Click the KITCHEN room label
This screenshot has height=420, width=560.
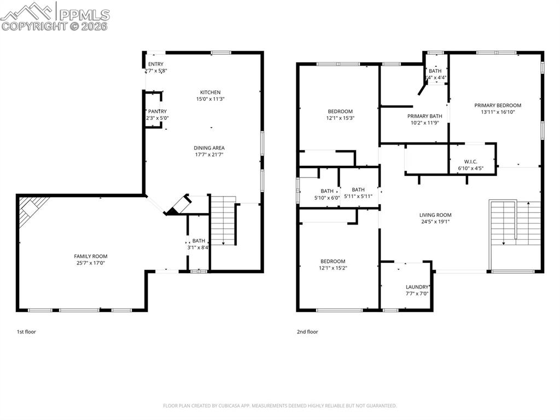point(211,92)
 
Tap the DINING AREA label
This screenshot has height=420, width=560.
point(209,148)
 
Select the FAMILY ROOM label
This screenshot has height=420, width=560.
point(91,256)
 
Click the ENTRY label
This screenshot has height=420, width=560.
point(156,64)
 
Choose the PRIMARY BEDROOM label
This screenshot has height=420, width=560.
point(498,105)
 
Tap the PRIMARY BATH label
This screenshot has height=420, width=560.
point(424,116)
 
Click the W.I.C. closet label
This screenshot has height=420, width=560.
point(471,162)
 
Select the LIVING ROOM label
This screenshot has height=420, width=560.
point(435,215)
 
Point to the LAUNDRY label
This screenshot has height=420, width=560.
point(417,287)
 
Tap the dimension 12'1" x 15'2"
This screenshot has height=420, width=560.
point(332,268)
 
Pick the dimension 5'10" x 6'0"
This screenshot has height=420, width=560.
point(327,198)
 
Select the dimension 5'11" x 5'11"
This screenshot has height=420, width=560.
point(358,196)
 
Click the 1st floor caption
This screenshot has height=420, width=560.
point(26,332)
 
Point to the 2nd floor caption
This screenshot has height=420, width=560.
point(308,332)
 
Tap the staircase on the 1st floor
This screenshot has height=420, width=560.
point(223,221)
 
